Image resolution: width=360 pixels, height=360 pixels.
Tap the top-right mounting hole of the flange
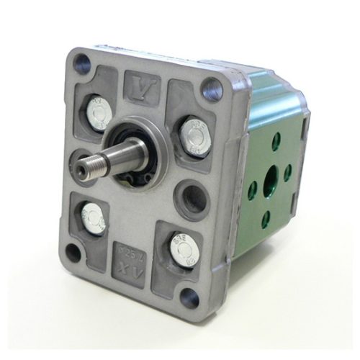tap(211, 90)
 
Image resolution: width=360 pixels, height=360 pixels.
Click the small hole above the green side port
tap(276, 143)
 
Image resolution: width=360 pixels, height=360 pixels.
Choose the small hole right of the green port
tap(287, 172)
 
